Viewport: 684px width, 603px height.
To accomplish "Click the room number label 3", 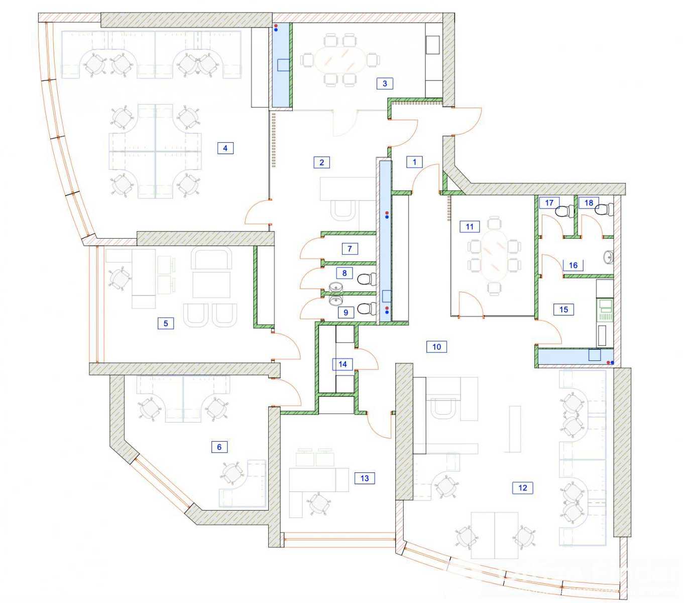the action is pos(385,83).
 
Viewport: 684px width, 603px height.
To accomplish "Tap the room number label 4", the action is pos(225,148).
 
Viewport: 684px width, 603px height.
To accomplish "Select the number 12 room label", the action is pos(522,488).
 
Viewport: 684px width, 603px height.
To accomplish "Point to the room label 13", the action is pos(364,478).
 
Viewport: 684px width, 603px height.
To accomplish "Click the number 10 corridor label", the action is pos(436,347).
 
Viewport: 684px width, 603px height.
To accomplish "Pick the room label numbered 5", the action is pos(165,323).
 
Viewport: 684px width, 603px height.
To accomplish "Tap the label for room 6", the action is pos(219,447).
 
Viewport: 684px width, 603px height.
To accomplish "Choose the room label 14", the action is pos(343,364).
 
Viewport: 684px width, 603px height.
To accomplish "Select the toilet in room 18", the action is pos(604,210).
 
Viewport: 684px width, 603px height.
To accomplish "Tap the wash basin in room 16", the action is pos(608,257).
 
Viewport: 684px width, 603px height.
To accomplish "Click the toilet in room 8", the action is pos(367,279).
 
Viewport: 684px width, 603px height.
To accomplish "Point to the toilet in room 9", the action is pos(367,309).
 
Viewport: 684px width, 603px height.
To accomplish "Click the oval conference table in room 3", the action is pos(340,60).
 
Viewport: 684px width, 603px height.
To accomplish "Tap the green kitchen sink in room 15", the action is pos(605,310).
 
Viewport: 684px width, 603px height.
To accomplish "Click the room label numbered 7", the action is pos(350,249).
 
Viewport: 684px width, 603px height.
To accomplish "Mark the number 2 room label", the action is pos(321,162).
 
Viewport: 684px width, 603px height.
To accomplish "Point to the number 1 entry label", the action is pos(415,162).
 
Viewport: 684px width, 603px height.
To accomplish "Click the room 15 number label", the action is pos(563,310).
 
